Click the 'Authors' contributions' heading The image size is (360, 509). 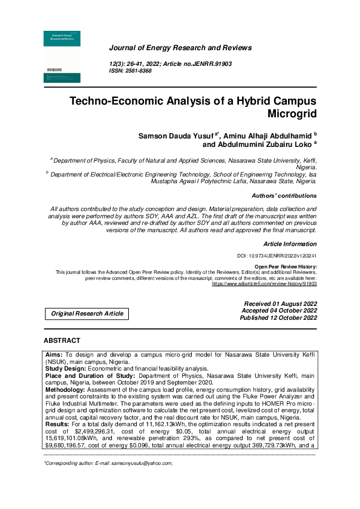(x=284, y=196)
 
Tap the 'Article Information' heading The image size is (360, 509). (x=290, y=244)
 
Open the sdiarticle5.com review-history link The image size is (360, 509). (x=264, y=283)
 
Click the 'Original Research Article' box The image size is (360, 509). (x=87, y=313)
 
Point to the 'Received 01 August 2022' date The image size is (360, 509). (x=280, y=303)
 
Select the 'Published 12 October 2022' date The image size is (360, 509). (x=278, y=317)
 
